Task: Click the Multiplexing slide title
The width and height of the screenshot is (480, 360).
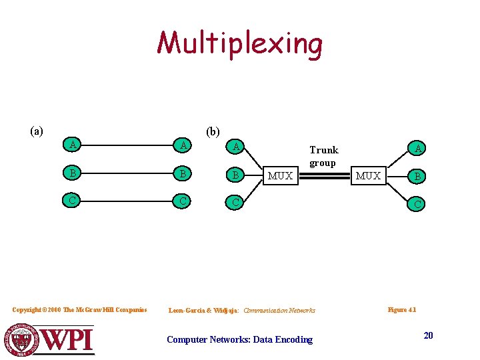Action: coord(240,44)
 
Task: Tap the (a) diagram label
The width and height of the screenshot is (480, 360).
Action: coord(37,131)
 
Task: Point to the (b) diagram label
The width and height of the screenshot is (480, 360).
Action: coord(213,132)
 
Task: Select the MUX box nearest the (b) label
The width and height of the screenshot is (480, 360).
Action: coord(280,176)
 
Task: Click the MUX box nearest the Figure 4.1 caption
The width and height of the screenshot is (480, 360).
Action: coord(368,176)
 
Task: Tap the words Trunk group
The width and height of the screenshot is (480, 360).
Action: coord(323,157)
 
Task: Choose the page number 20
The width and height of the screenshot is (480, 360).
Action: coord(428,335)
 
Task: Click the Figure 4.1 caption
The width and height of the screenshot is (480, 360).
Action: coord(401,310)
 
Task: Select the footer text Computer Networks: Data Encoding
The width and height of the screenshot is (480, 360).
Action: coord(239,340)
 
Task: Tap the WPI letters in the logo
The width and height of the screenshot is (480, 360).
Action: coord(67,340)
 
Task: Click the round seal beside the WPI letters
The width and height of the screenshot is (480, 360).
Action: coord(22,339)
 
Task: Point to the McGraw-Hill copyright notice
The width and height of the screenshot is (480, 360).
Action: coord(79,310)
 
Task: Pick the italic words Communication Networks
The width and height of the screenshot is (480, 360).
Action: coord(279,311)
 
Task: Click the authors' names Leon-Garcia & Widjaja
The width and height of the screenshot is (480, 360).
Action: coord(204,311)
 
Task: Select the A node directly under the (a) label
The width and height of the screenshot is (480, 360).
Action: coord(72,144)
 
